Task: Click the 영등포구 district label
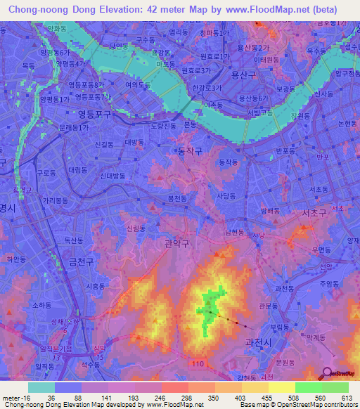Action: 77,112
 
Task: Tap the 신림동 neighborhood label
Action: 136,228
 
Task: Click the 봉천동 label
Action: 177,199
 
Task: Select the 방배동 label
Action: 269,210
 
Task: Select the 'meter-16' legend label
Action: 14,398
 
